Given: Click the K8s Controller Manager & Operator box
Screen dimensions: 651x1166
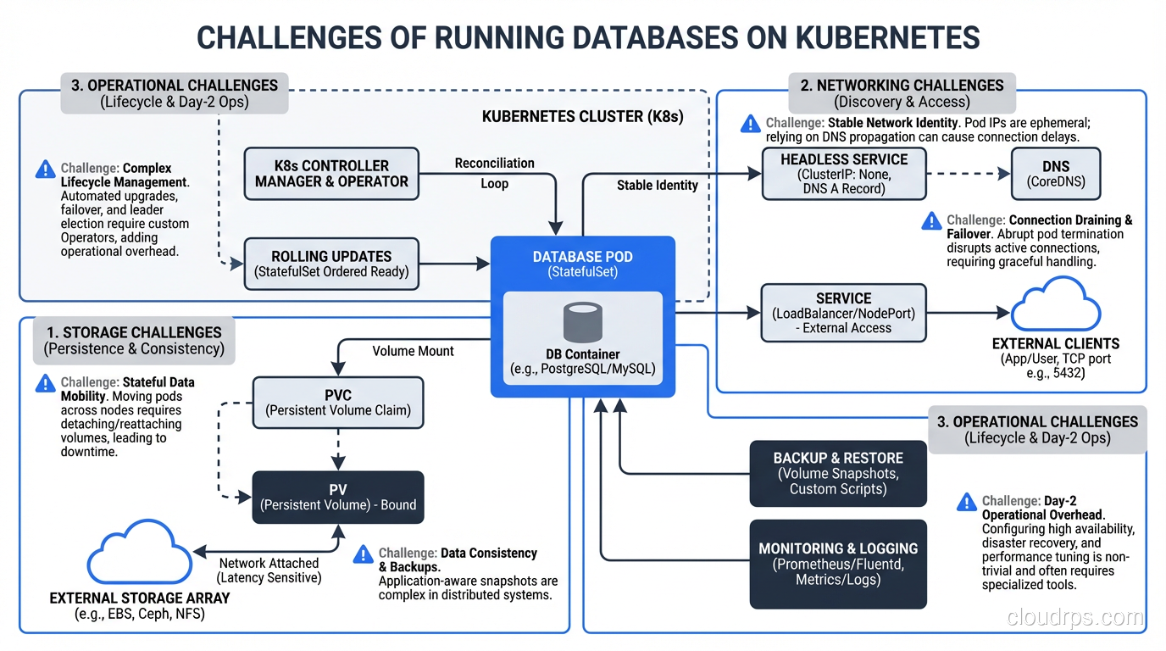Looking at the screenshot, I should point(331,174).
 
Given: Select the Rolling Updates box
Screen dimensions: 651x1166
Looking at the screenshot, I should point(331,264).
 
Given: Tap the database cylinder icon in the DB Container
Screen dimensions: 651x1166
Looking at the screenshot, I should point(582,323).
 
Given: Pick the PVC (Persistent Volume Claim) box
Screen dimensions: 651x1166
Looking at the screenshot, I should point(338,403).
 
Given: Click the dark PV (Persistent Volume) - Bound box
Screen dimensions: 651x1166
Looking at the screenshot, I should point(338,498).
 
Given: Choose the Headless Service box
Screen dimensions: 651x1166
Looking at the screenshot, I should point(843,174).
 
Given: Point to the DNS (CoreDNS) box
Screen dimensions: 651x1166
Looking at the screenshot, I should point(1055,174).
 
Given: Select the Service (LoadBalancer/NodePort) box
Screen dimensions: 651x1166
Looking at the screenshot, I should point(843,313).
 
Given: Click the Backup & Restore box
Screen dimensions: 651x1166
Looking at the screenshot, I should point(838,473).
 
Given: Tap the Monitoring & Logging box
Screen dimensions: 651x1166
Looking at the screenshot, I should point(838,564).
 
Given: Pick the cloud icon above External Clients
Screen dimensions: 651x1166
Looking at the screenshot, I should point(1055,305).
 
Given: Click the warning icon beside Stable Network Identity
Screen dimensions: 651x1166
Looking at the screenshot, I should point(750,125).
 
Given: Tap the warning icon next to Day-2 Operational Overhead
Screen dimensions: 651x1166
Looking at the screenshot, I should point(966,503).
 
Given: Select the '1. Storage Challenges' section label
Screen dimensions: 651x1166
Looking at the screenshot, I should point(134,340).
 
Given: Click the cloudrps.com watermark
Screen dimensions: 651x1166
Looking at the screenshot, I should point(1074,617).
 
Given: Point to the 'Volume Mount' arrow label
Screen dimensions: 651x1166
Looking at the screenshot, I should point(413,351).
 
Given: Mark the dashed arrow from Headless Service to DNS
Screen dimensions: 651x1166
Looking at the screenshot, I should point(968,174).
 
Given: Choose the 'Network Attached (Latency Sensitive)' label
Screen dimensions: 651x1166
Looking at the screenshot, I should point(269,570).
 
